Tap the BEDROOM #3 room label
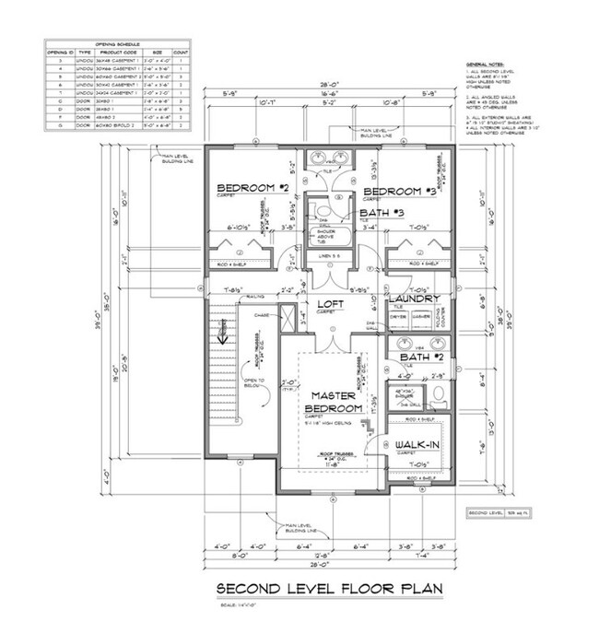[398, 191]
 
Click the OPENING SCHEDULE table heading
[115, 43]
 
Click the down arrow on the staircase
[221, 337]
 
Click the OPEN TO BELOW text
[255, 381]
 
